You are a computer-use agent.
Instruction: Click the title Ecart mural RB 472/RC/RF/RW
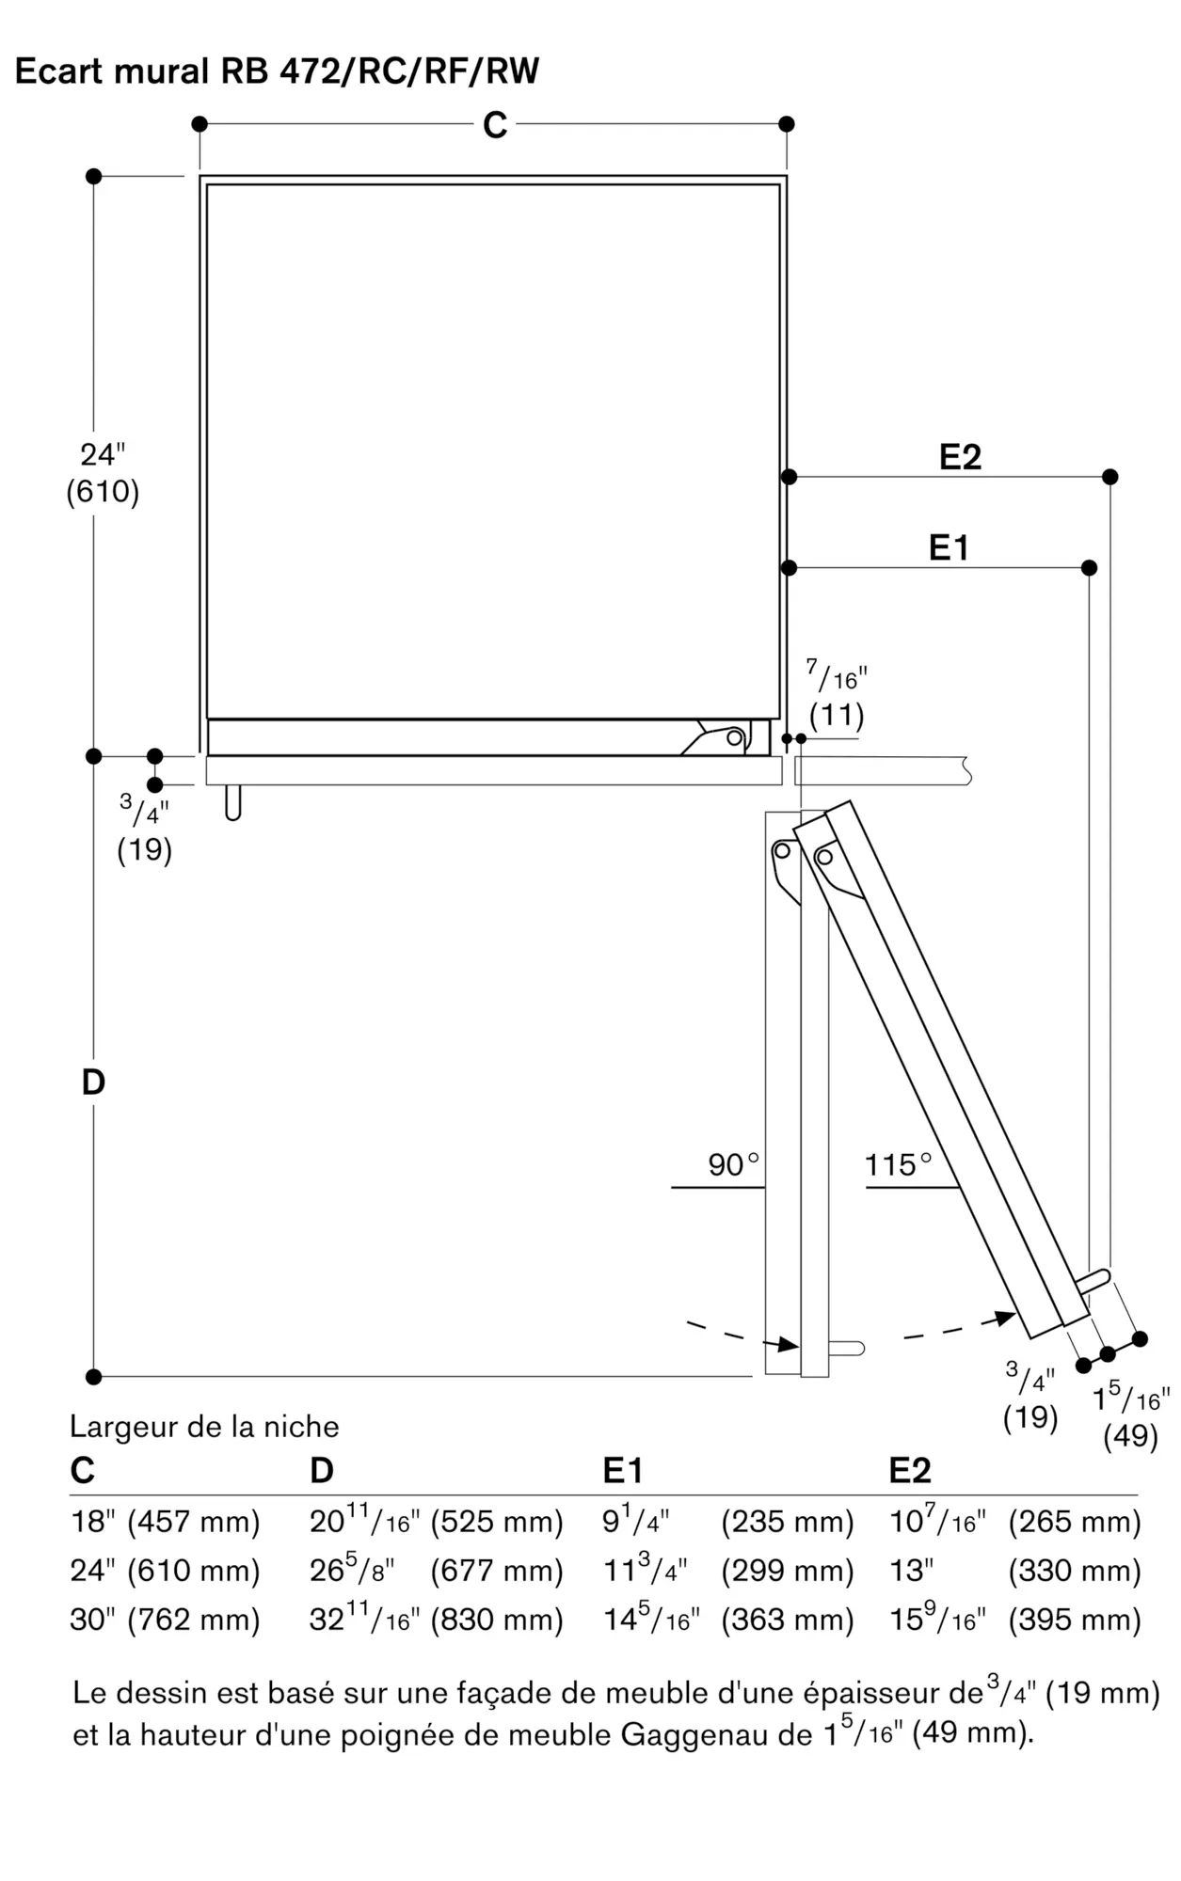[x=277, y=71]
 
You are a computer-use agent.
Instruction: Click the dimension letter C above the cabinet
[x=495, y=125]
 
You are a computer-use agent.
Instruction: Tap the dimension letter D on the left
[x=93, y=1083]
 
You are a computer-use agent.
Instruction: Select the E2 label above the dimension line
[x=960, y=457]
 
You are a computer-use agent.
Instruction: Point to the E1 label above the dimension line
[x=949, y=547]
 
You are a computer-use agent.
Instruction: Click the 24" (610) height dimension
[x=103, y=473]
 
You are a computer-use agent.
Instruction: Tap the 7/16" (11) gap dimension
[x=837, y=696]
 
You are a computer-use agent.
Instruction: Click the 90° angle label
[x=733, y=1164]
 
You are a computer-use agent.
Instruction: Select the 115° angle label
[x=898, y=1164]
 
